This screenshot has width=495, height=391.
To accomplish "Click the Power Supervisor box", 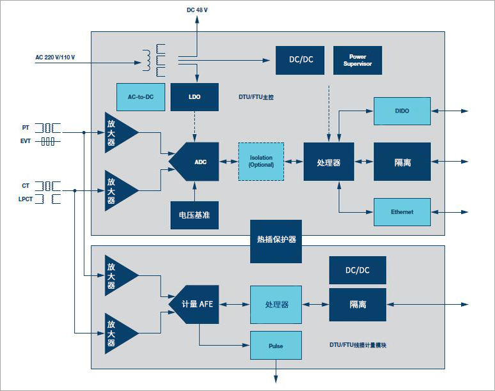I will (x=357, y=60).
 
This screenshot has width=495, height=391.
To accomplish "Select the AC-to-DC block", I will (x=141, y=96).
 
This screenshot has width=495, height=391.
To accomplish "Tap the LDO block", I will (x=194, y=96).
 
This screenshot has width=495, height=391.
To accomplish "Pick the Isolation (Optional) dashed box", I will (x=261, y=161).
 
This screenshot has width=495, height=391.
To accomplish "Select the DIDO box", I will (x=402, y=111).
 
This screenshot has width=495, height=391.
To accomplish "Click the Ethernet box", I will (x=402, y=212).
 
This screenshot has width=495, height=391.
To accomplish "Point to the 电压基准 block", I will (x=194, y=215).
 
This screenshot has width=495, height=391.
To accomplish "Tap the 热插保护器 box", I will (x=276, y=241).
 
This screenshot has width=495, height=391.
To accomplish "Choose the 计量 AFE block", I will (x=194, y=305).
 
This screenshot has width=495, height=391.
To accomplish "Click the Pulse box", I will (x=275, y=346).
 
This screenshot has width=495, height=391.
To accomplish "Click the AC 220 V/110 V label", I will (x=55, y=57).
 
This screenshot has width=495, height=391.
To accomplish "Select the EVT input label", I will (x=25, y=141).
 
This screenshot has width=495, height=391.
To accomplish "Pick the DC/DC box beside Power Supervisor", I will (x=299, y=60).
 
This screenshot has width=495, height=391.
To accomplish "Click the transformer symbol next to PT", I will (x=47, y=128).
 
